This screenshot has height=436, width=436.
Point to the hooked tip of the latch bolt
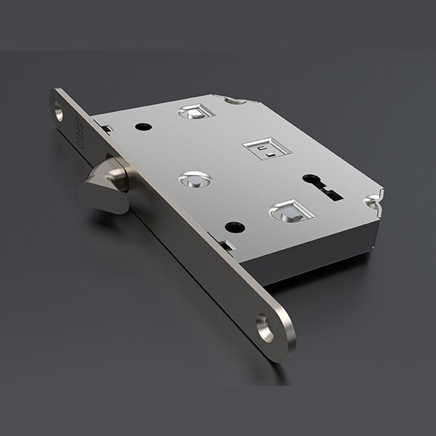point(93,191)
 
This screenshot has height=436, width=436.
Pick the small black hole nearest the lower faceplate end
point(234,225)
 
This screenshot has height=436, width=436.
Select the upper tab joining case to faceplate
point(107,129)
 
